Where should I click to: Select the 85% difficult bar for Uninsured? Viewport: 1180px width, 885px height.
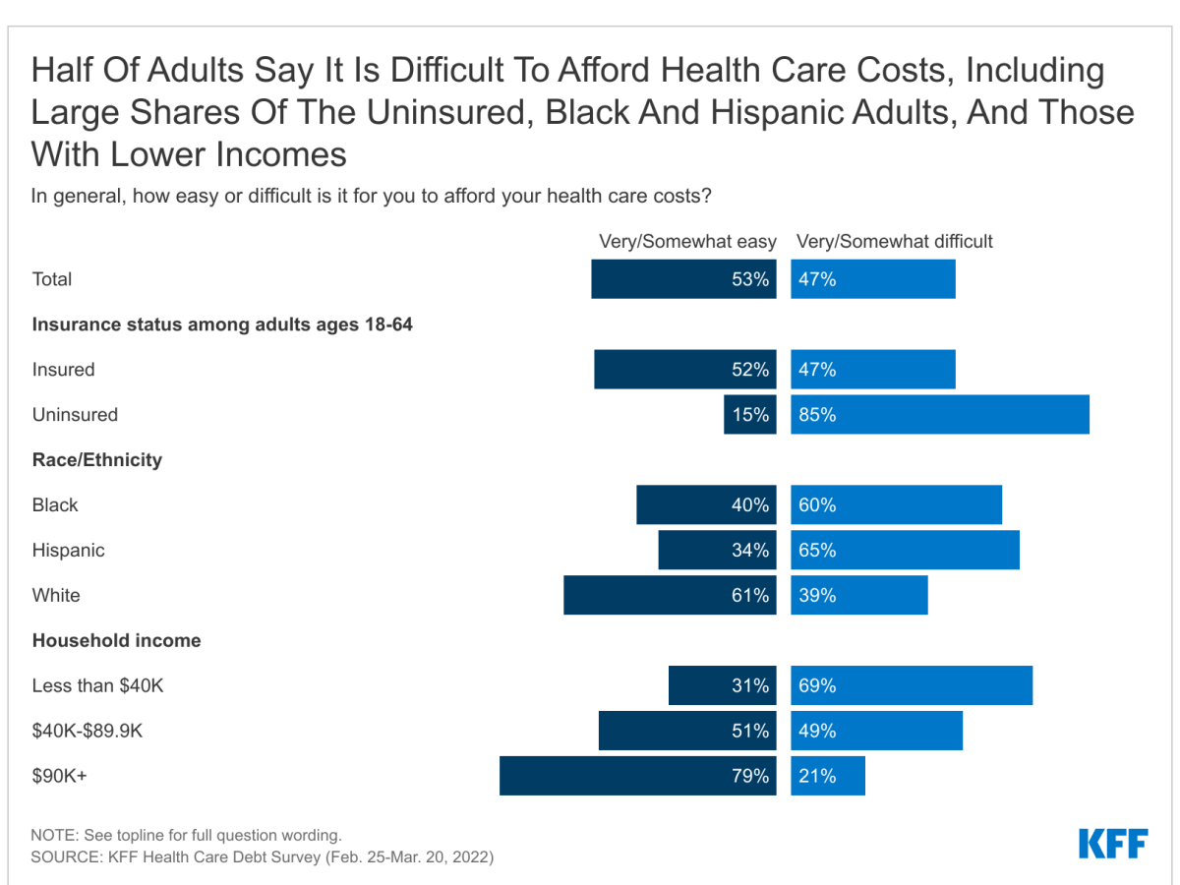(x=940, y=415)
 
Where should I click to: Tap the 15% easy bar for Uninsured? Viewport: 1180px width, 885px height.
(x=750, y=415)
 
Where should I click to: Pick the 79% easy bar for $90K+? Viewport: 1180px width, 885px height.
(x=637, y=776)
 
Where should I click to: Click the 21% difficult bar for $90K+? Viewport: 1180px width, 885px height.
(x=828, y=776)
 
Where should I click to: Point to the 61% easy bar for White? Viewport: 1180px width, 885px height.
(x=670, y=596)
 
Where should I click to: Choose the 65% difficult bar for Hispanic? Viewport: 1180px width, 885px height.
(x=905, y=551)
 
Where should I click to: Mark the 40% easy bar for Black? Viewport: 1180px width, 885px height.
(x=706, y=505)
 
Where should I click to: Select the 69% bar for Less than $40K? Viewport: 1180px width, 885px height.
(x=912, y=686)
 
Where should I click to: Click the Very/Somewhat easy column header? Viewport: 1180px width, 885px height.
(x=687, y=242)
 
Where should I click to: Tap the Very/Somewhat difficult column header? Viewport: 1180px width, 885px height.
(x=895, y=242)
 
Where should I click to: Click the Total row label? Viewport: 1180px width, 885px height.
(x=52, y=279)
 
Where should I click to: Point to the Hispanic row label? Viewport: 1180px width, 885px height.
(x=68, y=551)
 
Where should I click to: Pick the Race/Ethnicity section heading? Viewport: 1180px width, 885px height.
(x=97, y=460)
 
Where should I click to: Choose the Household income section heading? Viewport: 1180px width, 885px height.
(x=116, y=641)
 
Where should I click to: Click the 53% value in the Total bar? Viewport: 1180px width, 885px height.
(x=750, y=279)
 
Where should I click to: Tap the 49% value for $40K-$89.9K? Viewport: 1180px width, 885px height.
(x=817, y=732)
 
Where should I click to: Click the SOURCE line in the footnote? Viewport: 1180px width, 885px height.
(x=263, y=857)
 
